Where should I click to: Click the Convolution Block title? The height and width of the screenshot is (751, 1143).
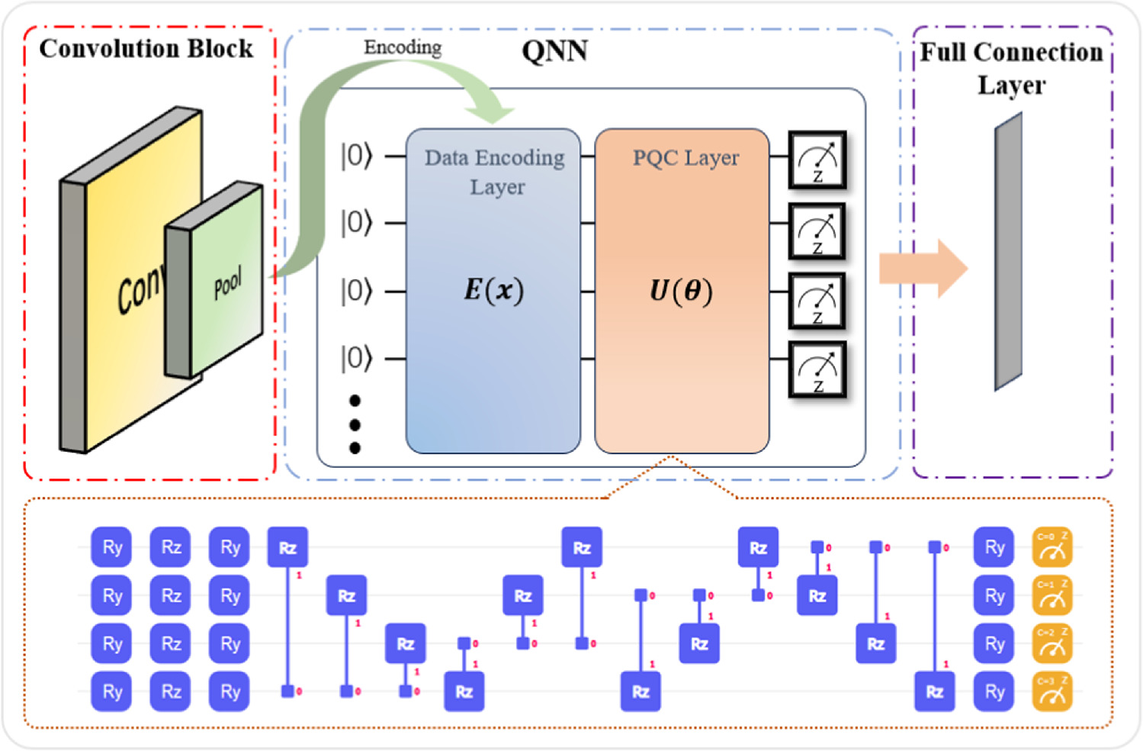point(146,48)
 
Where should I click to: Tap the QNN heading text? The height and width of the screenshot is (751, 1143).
point(554,51)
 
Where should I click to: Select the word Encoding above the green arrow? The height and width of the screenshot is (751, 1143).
point(403,47)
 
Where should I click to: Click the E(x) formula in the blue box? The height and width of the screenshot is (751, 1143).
point(493,290)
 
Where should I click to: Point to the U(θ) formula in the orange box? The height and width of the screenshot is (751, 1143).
point(681,290)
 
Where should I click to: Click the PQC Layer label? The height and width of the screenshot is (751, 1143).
point(685,158)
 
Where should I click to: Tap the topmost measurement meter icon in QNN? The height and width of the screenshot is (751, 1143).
point(817,160)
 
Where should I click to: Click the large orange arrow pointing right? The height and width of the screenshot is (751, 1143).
point(923,269)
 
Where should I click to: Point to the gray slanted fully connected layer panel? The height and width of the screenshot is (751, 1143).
point(1008,252)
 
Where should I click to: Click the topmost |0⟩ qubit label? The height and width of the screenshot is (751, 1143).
point(356,156)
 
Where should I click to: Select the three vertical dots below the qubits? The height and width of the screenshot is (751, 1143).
point(355,424)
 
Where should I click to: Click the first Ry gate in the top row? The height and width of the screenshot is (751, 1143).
point(112,547)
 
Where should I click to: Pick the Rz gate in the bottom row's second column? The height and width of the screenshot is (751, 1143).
point(171,691)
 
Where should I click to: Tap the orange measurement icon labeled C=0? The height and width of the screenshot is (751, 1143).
point(1052,547)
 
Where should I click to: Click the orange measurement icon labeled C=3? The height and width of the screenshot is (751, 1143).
point(1052,691)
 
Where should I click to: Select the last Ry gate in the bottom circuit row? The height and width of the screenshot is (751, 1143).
point(994,691)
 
